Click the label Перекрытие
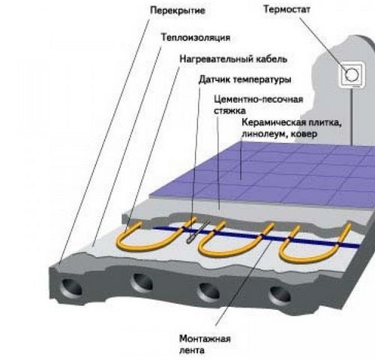coord(178,10)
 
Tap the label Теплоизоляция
coord(196,37)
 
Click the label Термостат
coord(286,9)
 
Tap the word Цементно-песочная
coord(259,99)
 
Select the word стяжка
coord(229,111)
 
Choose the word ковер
coord(304,134)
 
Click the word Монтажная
coord(205,339)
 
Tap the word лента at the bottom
coord(192,350)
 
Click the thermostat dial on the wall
coord(351,75)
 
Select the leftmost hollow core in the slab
coord(71,286)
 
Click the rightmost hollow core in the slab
coord(280,295)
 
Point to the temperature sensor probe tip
coord(189,241)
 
